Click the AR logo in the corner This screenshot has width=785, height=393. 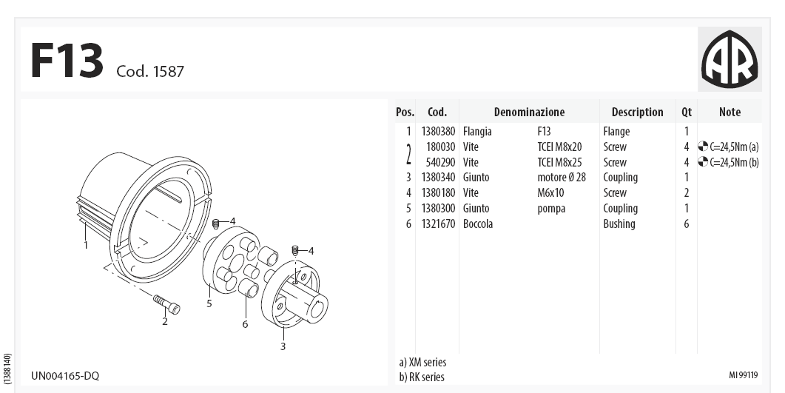click(x=730, y=58)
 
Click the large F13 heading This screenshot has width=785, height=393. click(x=67, y=61)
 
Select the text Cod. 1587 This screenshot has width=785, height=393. click(x=150, y=71)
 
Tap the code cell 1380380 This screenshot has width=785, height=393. click(x=439, y=131)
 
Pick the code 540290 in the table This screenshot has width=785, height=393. click(x=440, y=162)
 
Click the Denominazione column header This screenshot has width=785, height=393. click(x=529, y=112)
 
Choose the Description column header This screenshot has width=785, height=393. click(x=637, y=112)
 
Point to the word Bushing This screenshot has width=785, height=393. click(x=619, y=224)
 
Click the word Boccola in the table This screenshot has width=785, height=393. click(x=478, y=224)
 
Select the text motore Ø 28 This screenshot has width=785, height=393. click(x=562, y=177)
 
